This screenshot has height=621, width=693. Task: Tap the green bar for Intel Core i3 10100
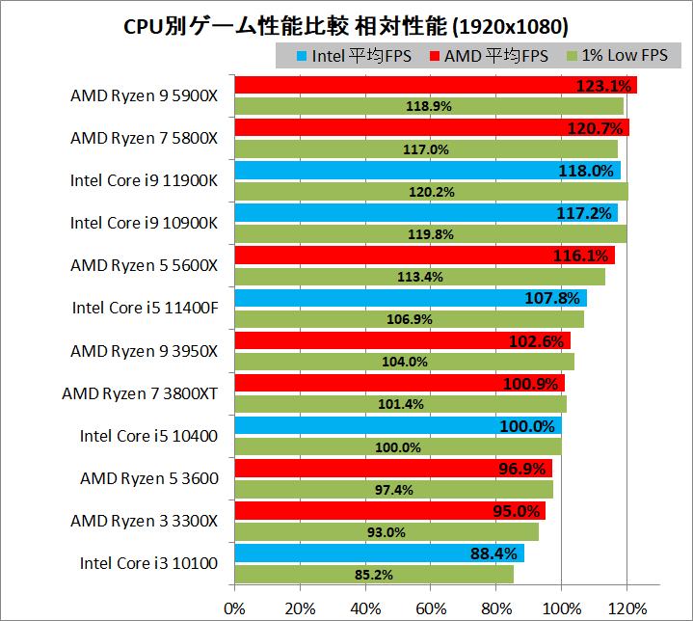pos(374,575)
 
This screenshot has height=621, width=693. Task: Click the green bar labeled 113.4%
pos(419,277)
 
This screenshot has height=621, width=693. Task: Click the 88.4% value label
pos(491,553)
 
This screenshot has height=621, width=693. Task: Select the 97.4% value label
pos(393,490)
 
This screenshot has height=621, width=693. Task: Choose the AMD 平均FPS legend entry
pos(493,56)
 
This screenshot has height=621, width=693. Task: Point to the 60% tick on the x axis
pos(431,607)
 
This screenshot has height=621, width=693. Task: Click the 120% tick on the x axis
pos(626,607)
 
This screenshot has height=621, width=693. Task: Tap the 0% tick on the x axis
pos(234,607)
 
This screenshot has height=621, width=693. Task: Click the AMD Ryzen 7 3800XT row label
pos(140,393)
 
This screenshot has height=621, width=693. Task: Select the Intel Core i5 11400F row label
pos(145,309)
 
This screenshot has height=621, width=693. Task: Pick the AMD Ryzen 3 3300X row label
pos(145,521)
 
